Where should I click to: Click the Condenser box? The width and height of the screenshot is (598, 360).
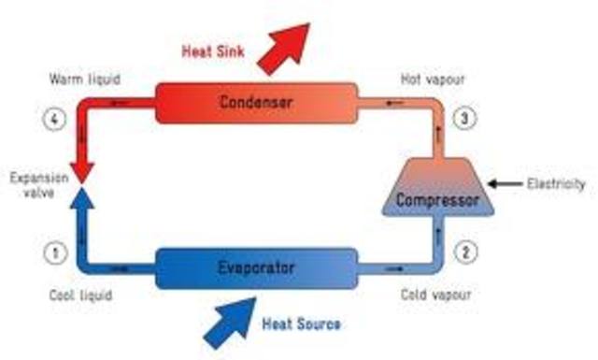pyautogui.click(x=254, y=101)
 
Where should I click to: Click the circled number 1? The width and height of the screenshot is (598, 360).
pyautogui.click(x=55, y=252)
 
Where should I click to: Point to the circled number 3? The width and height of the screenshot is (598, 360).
pyautogui.click(x=465, y=119)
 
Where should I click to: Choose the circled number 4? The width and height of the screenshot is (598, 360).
pyautogui.click(x=55, y=120)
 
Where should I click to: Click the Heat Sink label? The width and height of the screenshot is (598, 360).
pyautogui.click(x=213, y=52)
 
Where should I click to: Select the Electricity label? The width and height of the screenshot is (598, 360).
pyautogui.click(x=556, y=184)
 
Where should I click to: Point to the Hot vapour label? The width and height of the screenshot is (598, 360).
pyautogui.click(x=433, y=79)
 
